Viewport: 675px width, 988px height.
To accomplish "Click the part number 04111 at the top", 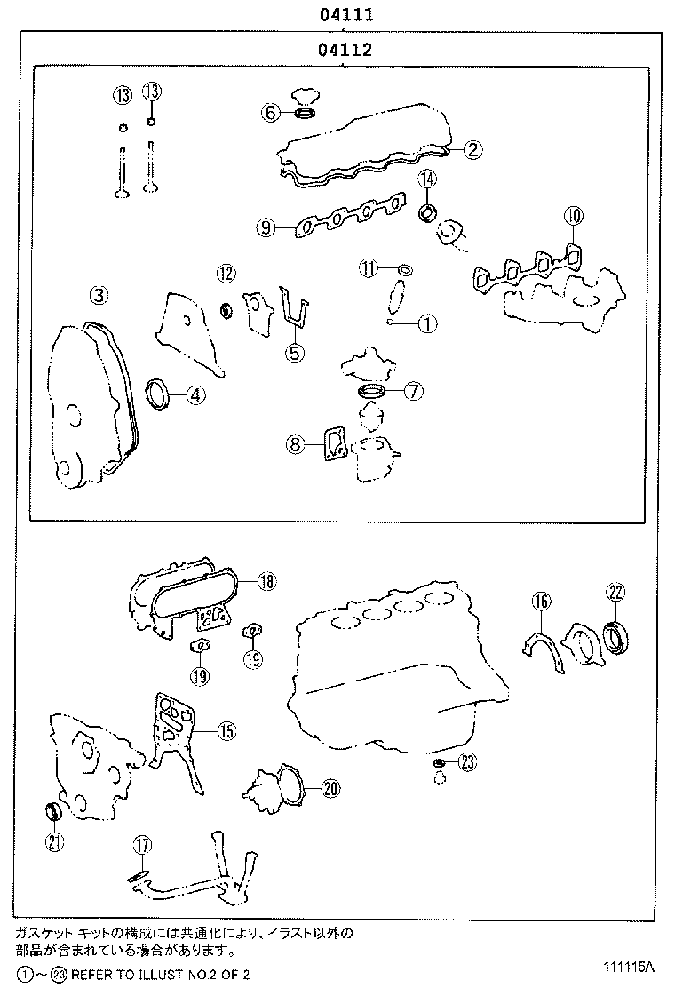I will (346, 14).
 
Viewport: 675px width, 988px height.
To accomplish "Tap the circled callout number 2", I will (472, 149).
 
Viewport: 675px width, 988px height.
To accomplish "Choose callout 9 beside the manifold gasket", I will (265, 228).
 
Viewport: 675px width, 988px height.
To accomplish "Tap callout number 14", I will (428, 179).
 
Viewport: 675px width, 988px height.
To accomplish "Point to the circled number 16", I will (541, 602).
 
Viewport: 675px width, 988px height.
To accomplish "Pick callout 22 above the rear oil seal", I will (616, 592).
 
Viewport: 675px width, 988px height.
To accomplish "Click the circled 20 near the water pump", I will (330, 787).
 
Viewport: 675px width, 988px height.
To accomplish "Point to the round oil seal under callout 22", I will (615, 636).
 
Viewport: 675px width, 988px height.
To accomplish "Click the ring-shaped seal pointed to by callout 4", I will (158, 393).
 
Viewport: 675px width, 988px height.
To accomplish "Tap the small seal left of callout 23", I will (439, 763).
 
